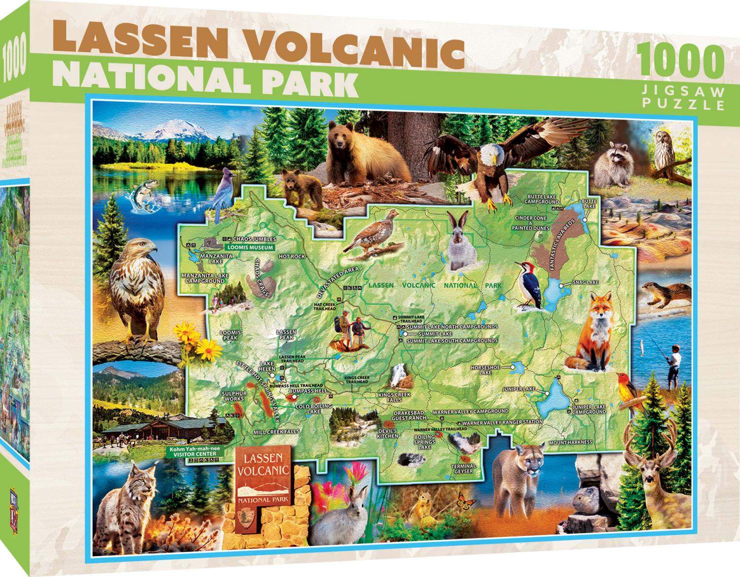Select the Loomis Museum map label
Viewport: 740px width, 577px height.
click(250, 248)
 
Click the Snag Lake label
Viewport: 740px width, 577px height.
click(586, 283)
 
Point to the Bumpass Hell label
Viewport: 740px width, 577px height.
click(308, 391)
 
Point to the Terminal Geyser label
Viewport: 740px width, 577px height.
click(464, 469)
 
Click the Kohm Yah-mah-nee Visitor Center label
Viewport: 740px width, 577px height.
click(194, 452)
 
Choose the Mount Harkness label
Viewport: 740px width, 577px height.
click(570, 442)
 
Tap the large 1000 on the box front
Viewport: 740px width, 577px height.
click(681, 62)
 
